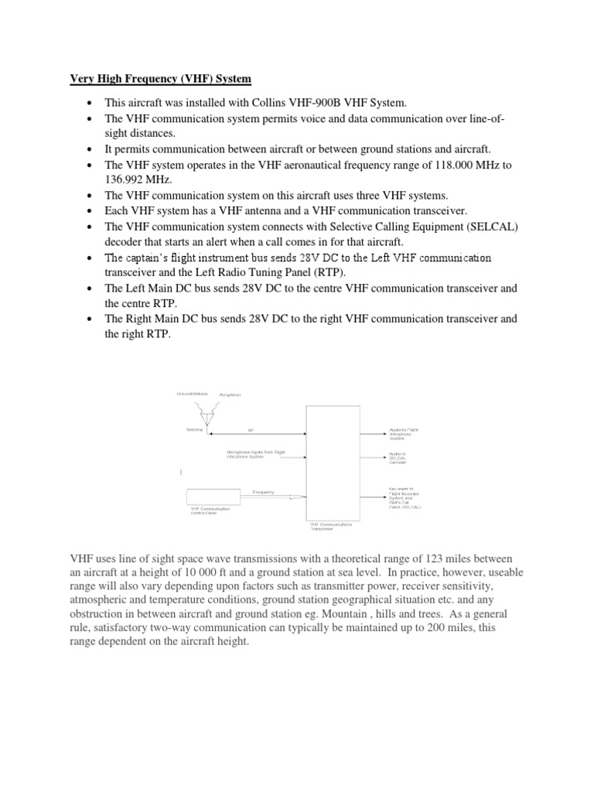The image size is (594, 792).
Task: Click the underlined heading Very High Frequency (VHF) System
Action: tap(160, 78)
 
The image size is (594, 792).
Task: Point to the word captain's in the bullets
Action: tap(160, 258)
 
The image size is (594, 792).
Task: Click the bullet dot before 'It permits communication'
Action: tap(90, 149)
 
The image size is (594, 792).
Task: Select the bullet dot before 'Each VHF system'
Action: tap(90, 211)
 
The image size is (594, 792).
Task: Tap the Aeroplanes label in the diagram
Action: tap(230, 394)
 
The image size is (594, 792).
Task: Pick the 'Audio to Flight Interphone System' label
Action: tap(405, 433)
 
